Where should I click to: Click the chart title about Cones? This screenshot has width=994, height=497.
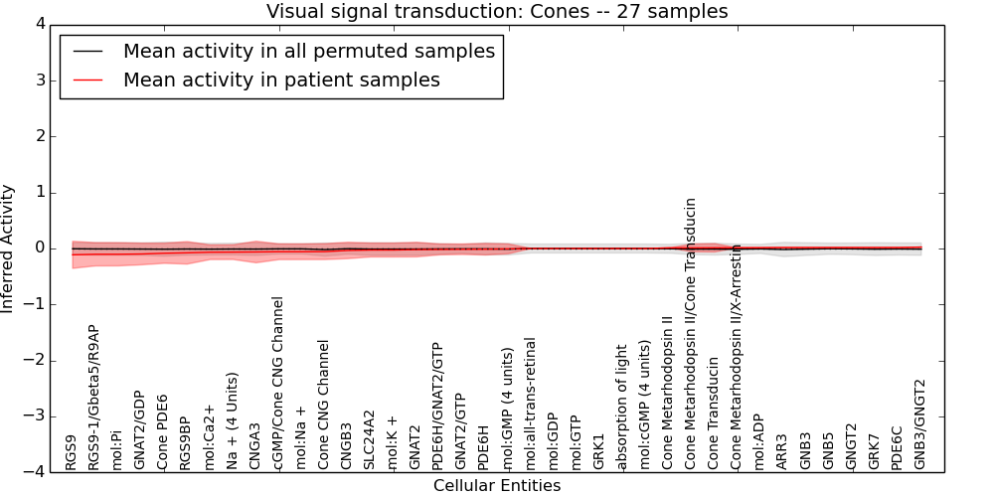[x=497, y=11]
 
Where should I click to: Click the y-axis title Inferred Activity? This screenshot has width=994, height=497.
[x=7, y=248]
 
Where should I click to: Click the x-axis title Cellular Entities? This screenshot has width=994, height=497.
[x=497, y=486]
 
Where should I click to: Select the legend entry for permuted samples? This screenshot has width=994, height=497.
[x=309, y=51]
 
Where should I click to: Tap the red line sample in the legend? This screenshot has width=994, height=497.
[x=86, y=80]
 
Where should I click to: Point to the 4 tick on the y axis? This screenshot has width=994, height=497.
[x=41, y=25]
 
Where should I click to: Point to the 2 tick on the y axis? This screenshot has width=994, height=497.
[x=41, y=136]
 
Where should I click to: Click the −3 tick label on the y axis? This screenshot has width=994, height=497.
[x=35, y=416]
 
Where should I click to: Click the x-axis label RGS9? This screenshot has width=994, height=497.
[x=71, y=452]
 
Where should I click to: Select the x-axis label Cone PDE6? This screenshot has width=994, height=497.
[x=162, y=432]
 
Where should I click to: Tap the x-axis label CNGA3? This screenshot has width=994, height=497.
[x=254, y=446]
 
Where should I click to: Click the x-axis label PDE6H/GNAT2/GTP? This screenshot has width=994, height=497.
[x=436, y=406]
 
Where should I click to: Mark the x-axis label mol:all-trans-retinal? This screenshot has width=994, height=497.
[x=529, y=404]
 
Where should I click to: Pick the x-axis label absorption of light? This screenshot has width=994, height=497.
[x=621, y=407]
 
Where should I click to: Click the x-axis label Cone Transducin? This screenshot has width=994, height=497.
[x=713, y=414]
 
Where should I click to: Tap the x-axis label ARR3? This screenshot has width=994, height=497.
[x=781, y=451]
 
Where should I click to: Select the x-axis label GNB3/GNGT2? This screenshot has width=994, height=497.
[x=919, y=424]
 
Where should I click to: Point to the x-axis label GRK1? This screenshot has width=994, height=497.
[x=598, y=451]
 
